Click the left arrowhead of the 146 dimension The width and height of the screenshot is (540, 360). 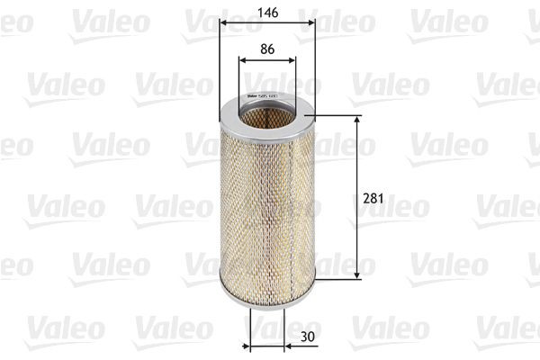(223, 25)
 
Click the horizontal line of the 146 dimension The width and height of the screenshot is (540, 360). (268, 25)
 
